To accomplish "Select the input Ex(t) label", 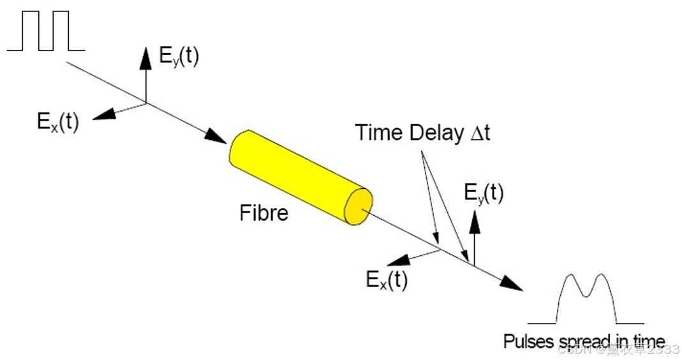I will [57, 121].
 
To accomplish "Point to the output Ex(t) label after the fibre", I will [387, 280].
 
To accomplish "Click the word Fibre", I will [263, 213].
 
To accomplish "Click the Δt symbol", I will [479, 133].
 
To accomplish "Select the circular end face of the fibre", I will [357, 206].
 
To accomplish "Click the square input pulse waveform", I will [46, 32].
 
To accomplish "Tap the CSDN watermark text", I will [618, 349].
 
